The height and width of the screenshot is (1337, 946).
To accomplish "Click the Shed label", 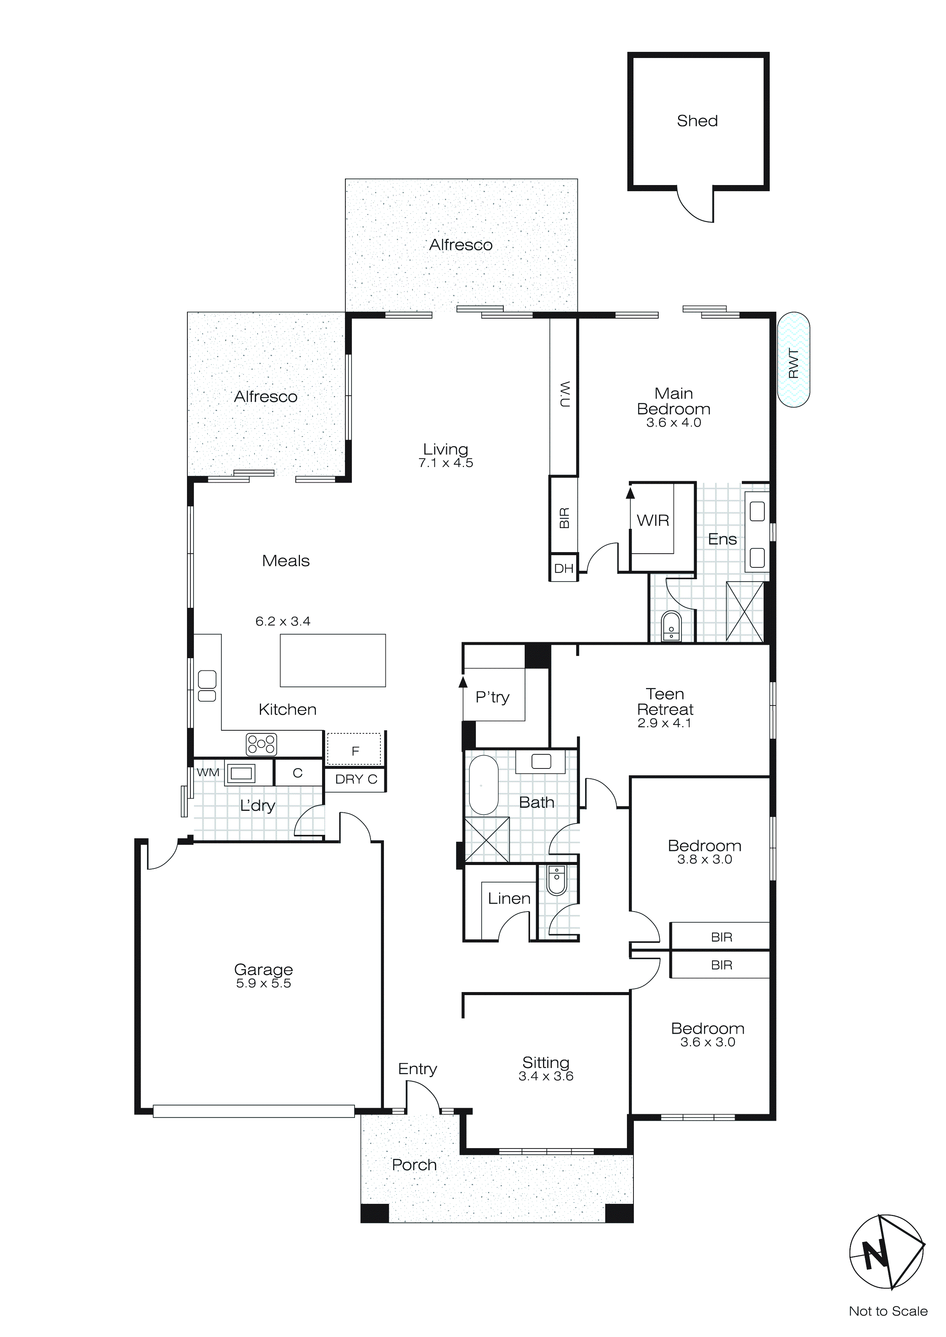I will point(697,121).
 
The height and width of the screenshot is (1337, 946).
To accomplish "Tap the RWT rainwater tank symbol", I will point(793,359).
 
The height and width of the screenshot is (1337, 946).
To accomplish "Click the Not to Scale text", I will point(888,1311).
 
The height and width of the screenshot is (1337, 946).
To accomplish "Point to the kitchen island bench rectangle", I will point(333,660).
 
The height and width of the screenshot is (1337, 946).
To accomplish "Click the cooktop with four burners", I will point(261,744).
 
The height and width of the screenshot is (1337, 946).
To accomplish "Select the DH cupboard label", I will point(563,569).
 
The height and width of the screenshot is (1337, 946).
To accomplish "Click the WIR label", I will point(653,520).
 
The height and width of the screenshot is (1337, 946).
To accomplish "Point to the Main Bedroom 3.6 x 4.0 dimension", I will point(674,423).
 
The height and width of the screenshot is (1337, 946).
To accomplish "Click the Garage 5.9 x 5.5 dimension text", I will point(263,984).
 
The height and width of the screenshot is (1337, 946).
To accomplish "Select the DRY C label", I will point(356,779).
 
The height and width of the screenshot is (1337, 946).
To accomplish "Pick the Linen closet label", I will point(509,899).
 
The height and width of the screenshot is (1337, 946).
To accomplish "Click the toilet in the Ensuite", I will point(671,627).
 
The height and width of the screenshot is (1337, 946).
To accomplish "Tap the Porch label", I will point(414,1165).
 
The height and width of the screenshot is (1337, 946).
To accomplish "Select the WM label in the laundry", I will point(208,773).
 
